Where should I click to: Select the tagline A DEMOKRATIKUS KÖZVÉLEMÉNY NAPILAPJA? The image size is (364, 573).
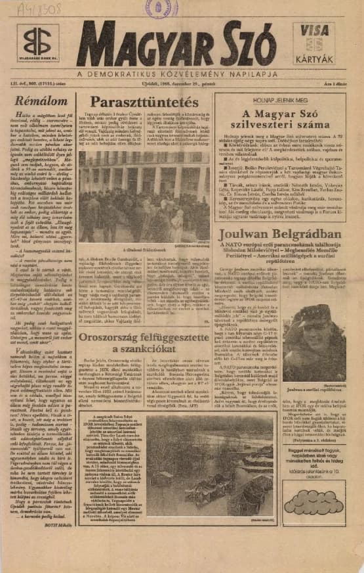(177, 74)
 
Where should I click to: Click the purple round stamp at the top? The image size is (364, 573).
(160, 8)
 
